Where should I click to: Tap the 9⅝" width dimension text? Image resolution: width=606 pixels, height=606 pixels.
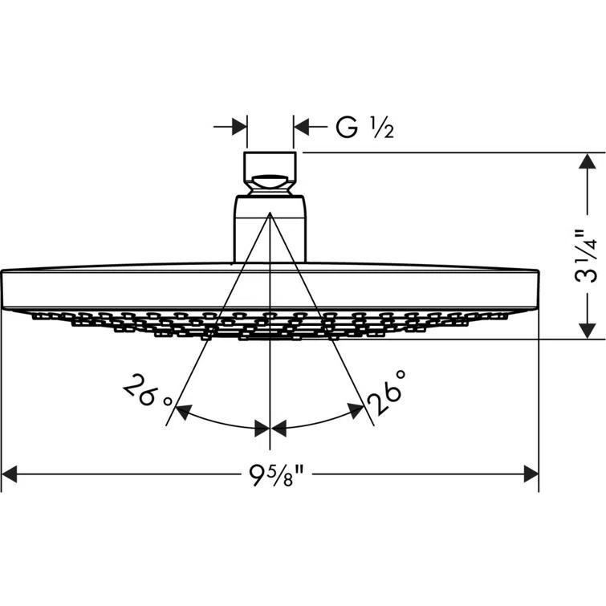click(270, 475)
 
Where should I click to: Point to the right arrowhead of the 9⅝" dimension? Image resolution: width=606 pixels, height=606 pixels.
click(530, 475)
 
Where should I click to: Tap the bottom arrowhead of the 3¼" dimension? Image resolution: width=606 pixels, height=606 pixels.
click(587, 330)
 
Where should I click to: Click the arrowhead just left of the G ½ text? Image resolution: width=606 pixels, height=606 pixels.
click(302, 127)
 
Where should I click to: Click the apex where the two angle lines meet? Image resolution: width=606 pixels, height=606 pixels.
click(270, 214)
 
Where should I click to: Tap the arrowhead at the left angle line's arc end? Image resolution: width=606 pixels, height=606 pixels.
click(183, 413)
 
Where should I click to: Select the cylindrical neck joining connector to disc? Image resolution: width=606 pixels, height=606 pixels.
click(270, 233)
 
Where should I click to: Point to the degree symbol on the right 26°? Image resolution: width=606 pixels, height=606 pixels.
click(401, 375)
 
